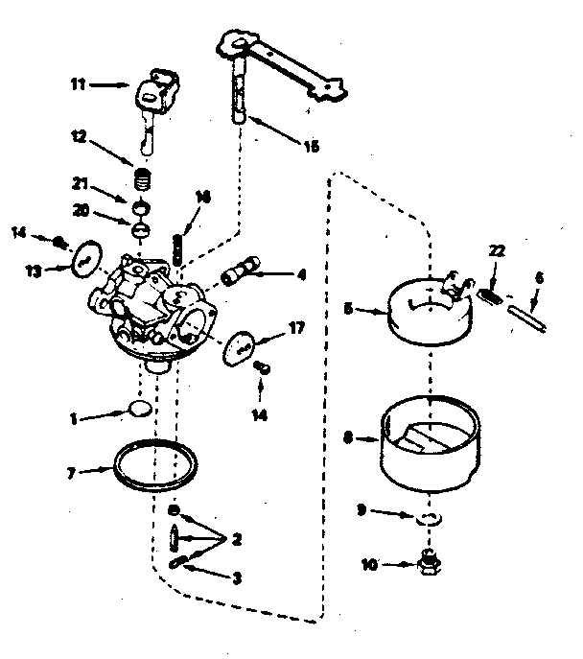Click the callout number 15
click(x=312, y=147)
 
